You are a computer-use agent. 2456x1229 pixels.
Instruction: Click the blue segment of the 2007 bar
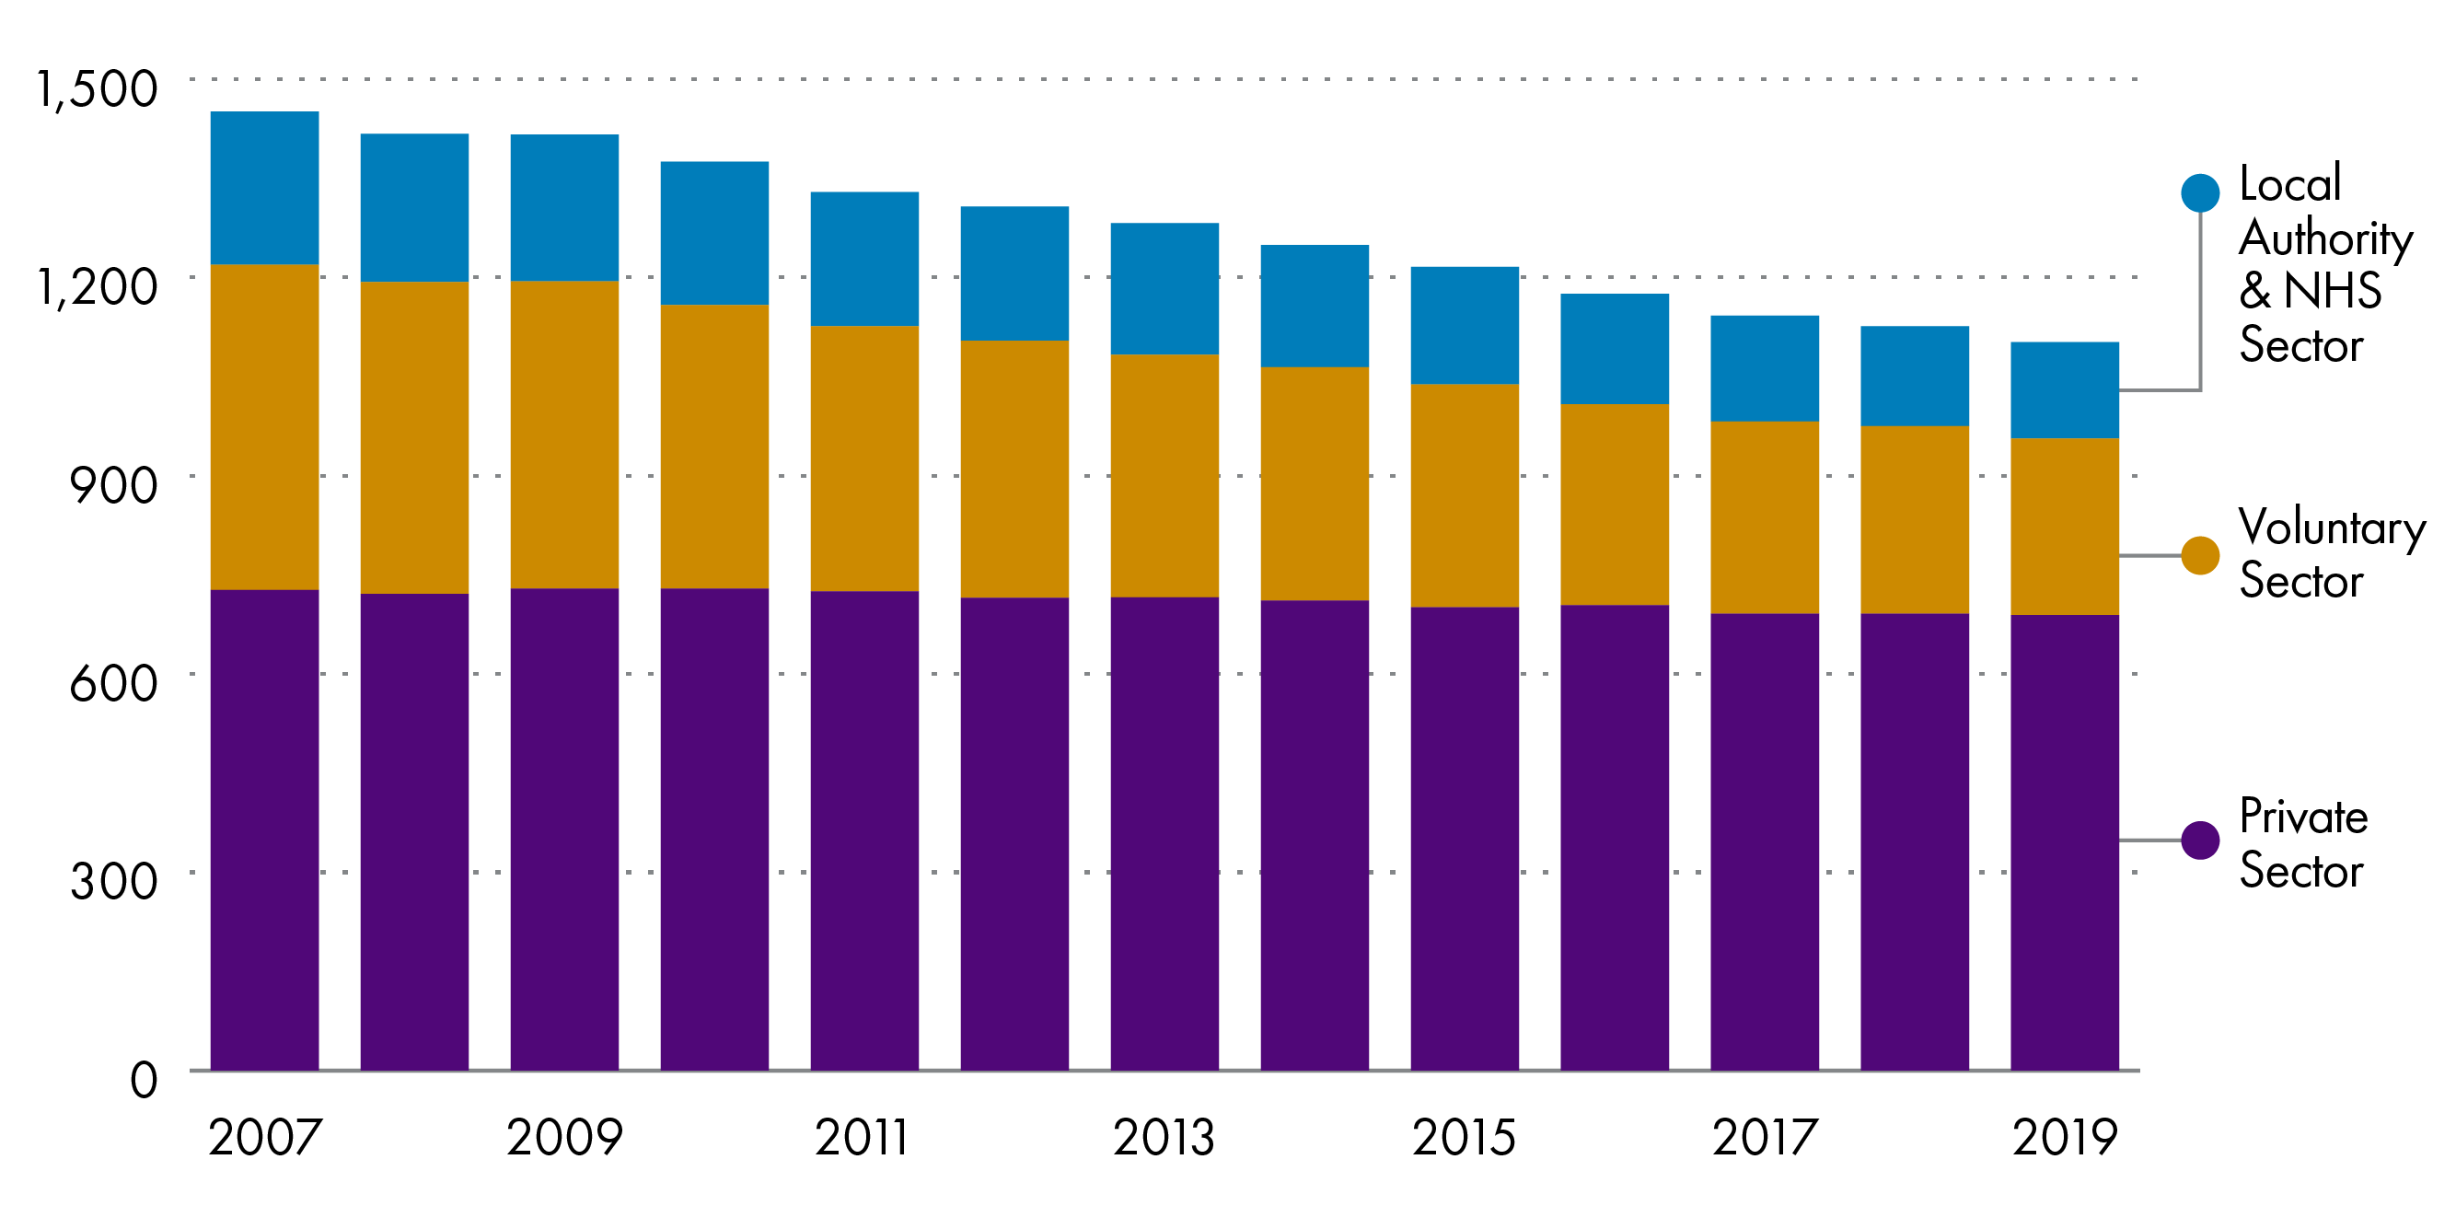coord(264,188)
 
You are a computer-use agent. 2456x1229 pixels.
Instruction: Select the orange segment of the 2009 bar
coord(564,434)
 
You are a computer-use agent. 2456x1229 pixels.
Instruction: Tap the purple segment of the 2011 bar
coord(863,829)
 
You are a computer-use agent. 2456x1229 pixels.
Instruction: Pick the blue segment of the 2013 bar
coord(1164,288)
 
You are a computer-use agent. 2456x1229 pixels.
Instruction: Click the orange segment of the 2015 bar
coord(1465,495)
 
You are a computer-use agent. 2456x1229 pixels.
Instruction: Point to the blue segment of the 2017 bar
coord(1764,368)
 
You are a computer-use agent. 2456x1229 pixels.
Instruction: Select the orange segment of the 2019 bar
coord(2064,527)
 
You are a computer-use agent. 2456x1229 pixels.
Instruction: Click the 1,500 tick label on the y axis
coord(97,88)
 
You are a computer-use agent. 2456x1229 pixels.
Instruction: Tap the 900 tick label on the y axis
coord(112,485)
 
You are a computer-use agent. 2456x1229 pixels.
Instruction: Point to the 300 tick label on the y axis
coord(112,881)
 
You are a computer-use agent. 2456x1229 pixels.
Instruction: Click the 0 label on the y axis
coord(143,1080)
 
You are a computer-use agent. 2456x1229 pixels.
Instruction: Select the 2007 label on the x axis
coord(265,1137)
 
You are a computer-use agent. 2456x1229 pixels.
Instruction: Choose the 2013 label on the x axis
coord(1164,1137)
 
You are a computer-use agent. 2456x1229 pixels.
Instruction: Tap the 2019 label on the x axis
coord(2064,1137)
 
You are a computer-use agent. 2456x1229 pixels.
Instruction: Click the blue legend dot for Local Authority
coord(2199,192)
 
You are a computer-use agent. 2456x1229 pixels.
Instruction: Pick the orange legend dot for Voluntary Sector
coord(2199,555)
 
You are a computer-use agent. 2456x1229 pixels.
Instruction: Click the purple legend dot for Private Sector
coord(2199,840)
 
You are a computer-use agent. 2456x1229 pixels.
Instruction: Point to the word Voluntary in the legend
coord(2330,528)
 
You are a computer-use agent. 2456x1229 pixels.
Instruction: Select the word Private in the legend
coord(2302,817)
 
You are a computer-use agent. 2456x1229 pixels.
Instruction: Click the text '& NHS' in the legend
coord(2309,291)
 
